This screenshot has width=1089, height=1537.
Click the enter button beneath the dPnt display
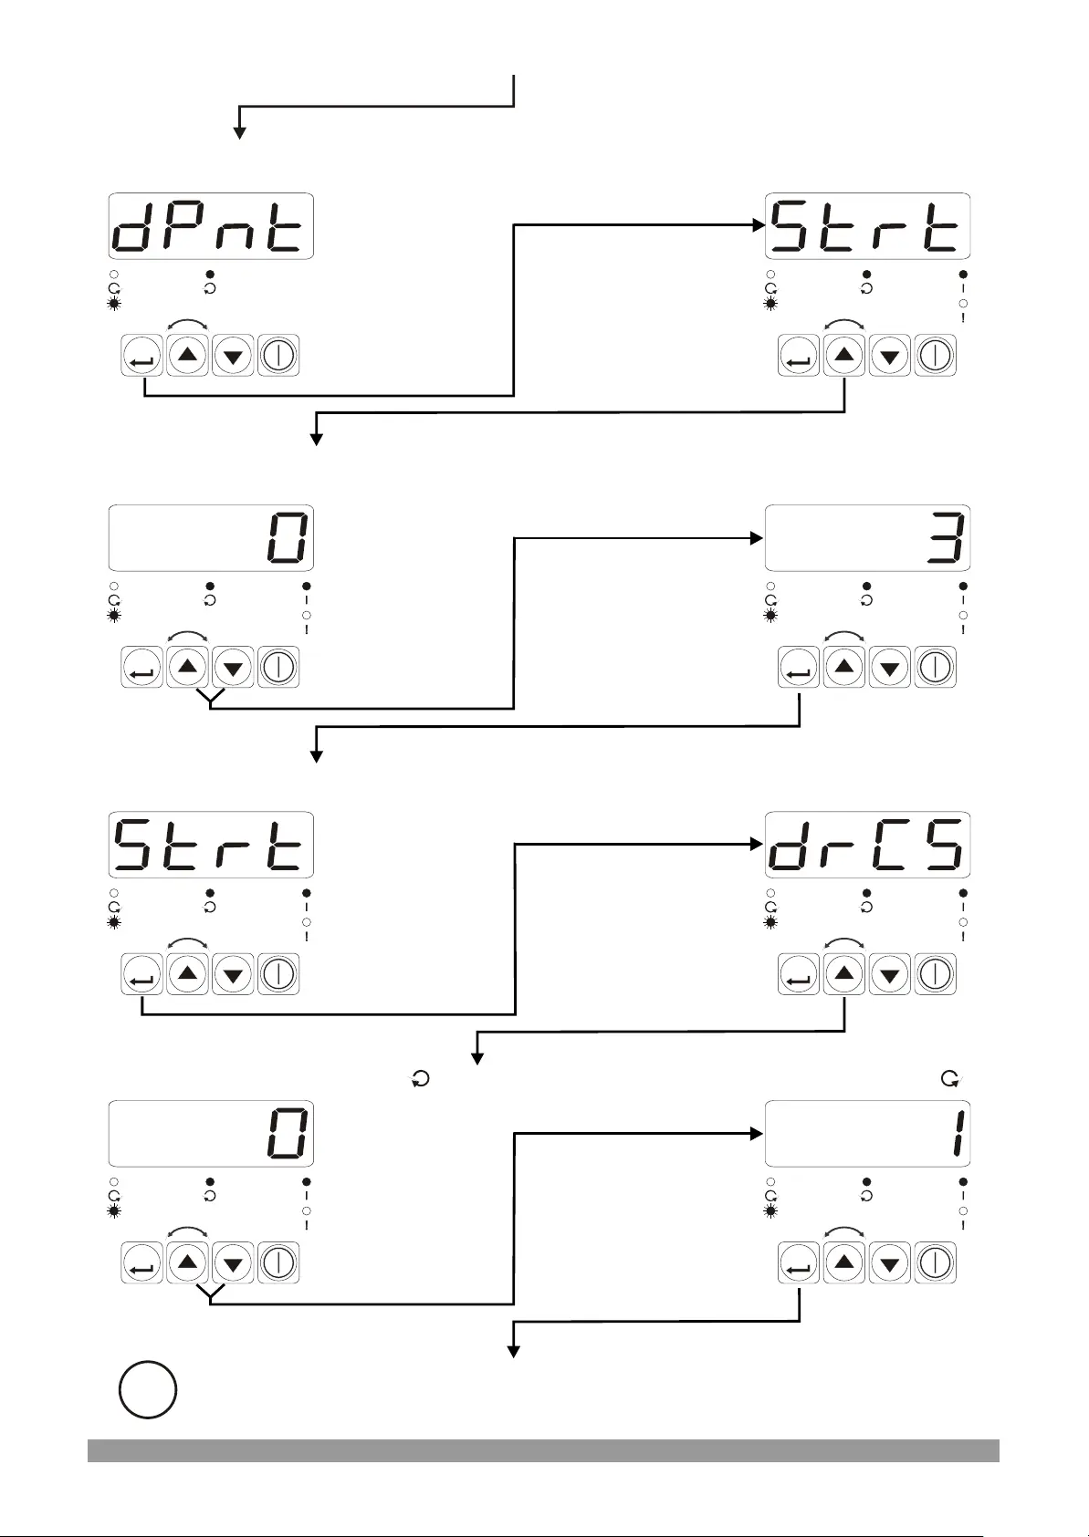(x=142, y=356)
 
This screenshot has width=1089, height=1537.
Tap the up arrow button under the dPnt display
(x=188, y=356)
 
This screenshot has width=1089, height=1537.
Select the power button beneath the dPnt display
(x=278, y=356)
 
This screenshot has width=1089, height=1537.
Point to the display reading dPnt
(x=211, y=226)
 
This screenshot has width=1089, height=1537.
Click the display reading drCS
(x=867, y=845)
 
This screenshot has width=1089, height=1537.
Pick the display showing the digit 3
(x=867, y=538)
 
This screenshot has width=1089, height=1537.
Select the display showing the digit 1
(x=867, y=1134)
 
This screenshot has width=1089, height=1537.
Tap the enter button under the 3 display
(x=799, y=669)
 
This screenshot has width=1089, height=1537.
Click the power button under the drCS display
(x=935, y=974)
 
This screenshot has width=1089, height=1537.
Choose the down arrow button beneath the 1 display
(x=890, y=1263)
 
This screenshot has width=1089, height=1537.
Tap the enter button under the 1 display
(x=799, y=1263)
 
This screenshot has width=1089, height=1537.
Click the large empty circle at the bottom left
(x=148, y=1389)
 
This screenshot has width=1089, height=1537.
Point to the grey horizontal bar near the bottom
(x=543, y=1450)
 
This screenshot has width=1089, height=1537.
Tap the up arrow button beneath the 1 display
(x=844, y=1263)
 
